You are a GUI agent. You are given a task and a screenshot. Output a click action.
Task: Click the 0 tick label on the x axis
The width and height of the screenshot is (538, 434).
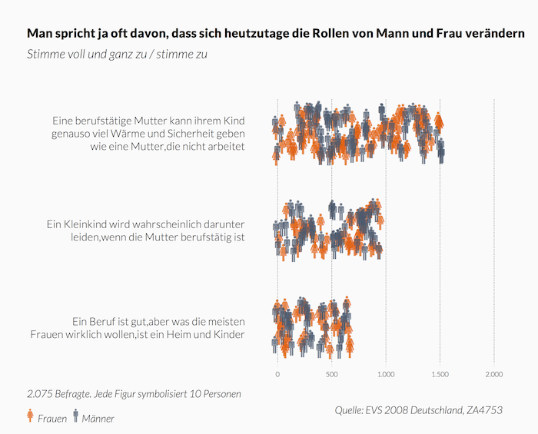point(277,374)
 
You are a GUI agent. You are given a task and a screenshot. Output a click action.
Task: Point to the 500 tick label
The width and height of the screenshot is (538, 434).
point(331,374)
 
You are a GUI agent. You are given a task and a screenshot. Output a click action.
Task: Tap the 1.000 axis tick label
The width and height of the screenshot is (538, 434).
point(386,374)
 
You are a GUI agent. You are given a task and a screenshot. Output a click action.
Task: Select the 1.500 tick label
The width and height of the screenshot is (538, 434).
point(440,374)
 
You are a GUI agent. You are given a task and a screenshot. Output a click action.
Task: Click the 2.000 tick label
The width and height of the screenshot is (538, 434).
point(493,374)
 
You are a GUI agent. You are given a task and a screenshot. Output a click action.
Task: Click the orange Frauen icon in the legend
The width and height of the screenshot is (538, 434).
point(30,416)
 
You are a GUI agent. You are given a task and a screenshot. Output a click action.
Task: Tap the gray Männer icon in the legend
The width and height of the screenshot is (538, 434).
point(75,416)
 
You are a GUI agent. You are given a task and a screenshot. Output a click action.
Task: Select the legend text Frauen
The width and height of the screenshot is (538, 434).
point(51,419)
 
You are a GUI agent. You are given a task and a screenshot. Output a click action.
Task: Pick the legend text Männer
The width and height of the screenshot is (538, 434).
point(98,419)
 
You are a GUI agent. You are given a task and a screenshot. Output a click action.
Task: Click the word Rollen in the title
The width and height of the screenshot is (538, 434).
point(352,35)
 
